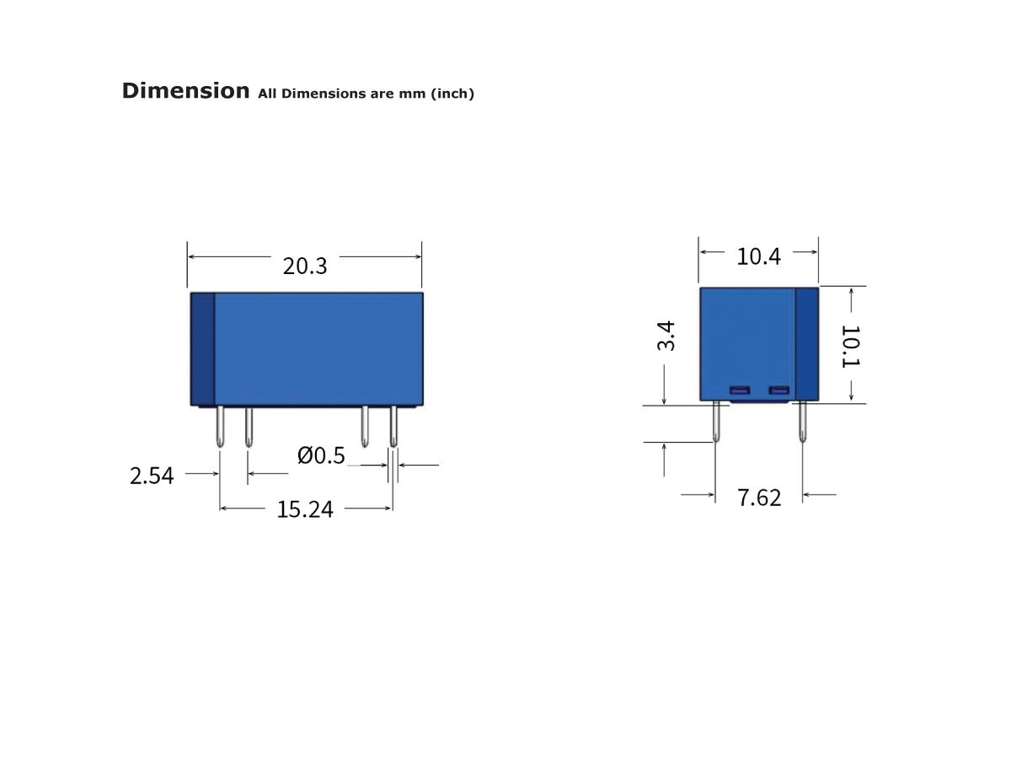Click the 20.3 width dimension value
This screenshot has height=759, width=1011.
point(305,266)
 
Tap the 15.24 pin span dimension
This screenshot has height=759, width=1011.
point(305,509)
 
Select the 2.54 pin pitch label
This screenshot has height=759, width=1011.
point(152,476)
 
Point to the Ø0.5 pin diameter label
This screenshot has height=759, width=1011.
point(321,456)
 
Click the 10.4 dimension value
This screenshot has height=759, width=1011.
point(758,256)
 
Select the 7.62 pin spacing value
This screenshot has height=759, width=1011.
point(759,498)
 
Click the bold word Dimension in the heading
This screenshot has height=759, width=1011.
point(185,91)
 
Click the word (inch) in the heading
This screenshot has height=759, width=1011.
point(452,94)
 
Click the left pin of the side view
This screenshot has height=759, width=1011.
point(716,422)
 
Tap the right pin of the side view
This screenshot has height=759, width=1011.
point(802,422)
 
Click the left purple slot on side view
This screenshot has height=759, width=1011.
point(739,390)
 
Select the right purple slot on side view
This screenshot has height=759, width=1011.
point(778,390)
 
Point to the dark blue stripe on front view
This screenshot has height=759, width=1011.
point(202,348)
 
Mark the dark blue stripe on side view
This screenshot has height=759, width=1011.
point(807,343)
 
